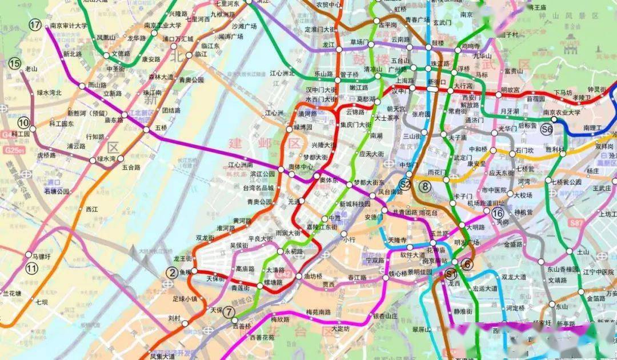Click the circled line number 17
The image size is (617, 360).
(x=35, y=25)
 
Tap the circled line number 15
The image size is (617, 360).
(x=14, y=63)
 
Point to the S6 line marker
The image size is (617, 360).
(x=547, y=129)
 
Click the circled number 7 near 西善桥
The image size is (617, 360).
(x=229, y=312)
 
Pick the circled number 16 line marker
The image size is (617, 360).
(x=498, y=213)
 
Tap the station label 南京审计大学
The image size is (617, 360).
(x=68, y=26)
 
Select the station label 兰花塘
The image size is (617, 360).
(x=11, y=293)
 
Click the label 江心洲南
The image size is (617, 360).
(x=241, y=165)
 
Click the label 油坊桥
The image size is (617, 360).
(x=313, y=276)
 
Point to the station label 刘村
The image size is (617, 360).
(x=174, y=318)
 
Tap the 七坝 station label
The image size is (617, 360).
(x=41, y=302)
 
